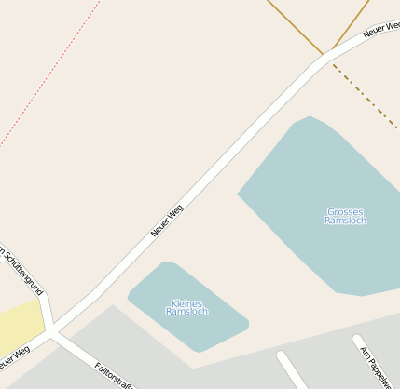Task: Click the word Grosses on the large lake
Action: (345, 211)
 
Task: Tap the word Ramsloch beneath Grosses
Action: (345, 221)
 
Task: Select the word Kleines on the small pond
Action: (186, 302)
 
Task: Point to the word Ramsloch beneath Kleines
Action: (186, 312)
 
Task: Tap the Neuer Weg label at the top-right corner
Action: (380, 30)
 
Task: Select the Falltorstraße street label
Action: (116, 374)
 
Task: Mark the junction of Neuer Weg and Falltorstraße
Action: (53, 333)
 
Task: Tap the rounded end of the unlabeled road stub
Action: (281, 355)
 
